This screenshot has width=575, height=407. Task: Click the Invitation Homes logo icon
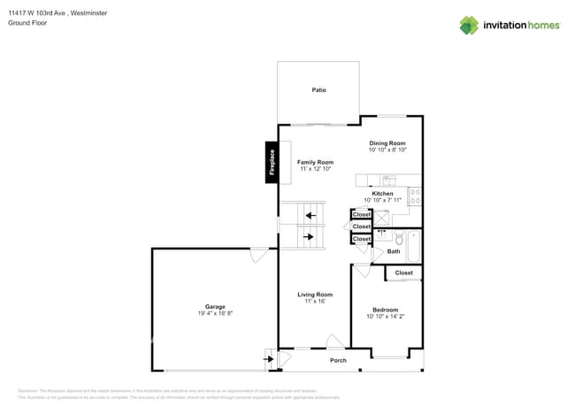pyautogui.click(x=469, y=25)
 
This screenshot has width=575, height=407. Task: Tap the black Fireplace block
pyautogui.click(x=272, y=163)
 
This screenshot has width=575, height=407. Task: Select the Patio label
pyautogui.click(x=318, y=90)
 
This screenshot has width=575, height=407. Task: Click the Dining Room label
pyautogui.click(x=387, y=143)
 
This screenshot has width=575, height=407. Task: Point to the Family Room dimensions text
pyautogui.click(x=315, y=169)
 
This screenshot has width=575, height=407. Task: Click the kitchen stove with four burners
pyautogui.click(x=415, y=196)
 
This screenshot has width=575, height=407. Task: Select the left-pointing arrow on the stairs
pyautogui.click(x=309, y=215)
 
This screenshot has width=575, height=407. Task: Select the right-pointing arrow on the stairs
pyautogui.click(x=309, y=237)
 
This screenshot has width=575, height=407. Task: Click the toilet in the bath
pyautogui.click(x=398, y=239)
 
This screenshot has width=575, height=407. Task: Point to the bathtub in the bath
pyautogui.click(x=416, y=245)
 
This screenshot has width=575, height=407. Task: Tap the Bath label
pyautogui.click(x=394, y=252)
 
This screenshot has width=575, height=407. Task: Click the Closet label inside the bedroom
pyautogui.click(x=403, y=273)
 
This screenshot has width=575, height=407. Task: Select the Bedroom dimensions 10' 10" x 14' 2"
pyautogui.click(x=385, y=317)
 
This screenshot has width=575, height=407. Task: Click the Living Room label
pyautogui.click(x=314, y=295)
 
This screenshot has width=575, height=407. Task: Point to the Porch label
pyautogui.click(x=338, y=360)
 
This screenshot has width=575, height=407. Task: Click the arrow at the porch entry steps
pyautogui.click(x=268, y=359)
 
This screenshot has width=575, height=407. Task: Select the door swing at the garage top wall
pyautogui.click(x=257, y=256)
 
